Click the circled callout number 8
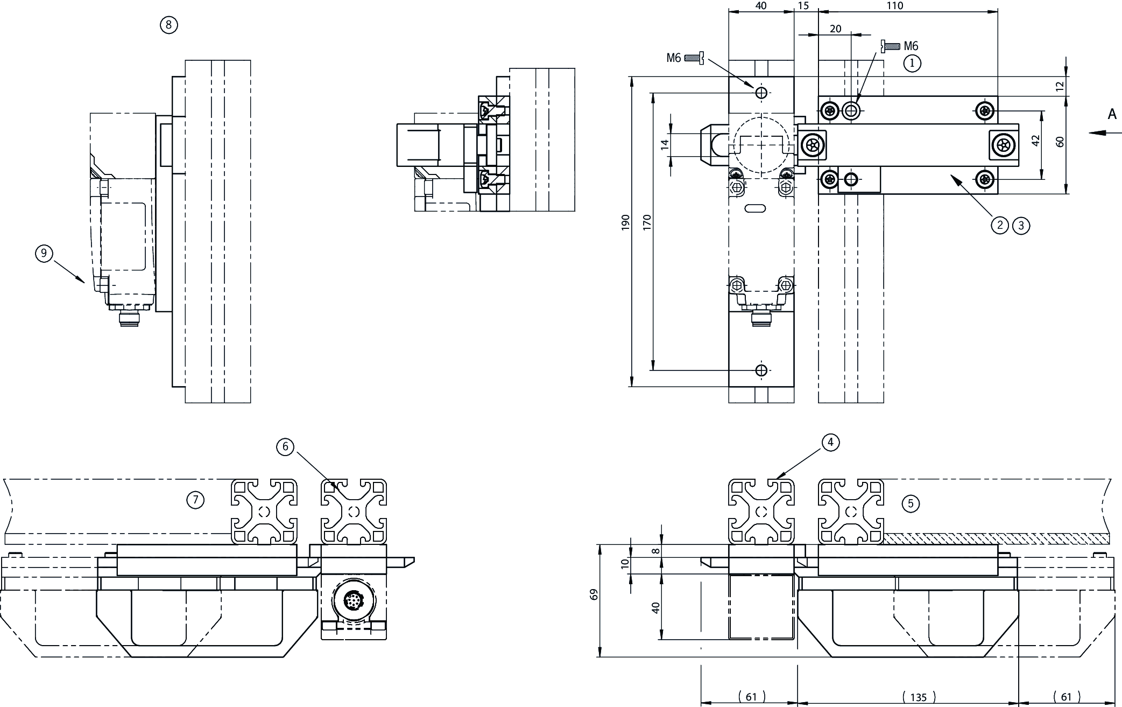(169, 25)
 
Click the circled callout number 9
(44, 253)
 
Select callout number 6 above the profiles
(285, 446)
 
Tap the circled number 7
(195, 500)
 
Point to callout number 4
(830, 442)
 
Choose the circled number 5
(911, 503)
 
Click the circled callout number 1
(912, 64)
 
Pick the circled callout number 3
(1021, 225)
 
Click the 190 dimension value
(625, 222)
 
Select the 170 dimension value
(647, 222)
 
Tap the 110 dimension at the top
(894, 6)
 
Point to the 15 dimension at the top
(803, 6)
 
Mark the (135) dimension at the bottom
(919, 697)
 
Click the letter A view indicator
(1112, 114)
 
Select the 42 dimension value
(1036, 141)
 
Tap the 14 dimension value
(665, 144)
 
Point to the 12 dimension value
(1060, 86)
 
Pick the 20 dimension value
(835, 29)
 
